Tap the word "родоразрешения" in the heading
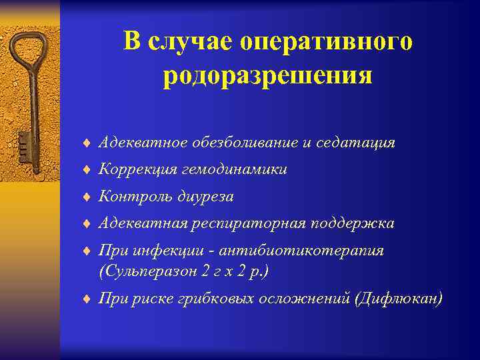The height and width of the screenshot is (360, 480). click(x=267, y=75)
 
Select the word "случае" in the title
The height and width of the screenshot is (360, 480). click(x=180, y=42)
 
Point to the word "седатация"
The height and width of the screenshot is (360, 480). click(x=360, y=143)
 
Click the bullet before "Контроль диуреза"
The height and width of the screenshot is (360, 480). click(x=87, y=197)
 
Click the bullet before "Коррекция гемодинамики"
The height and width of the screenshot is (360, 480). click(x=87, y=171)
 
